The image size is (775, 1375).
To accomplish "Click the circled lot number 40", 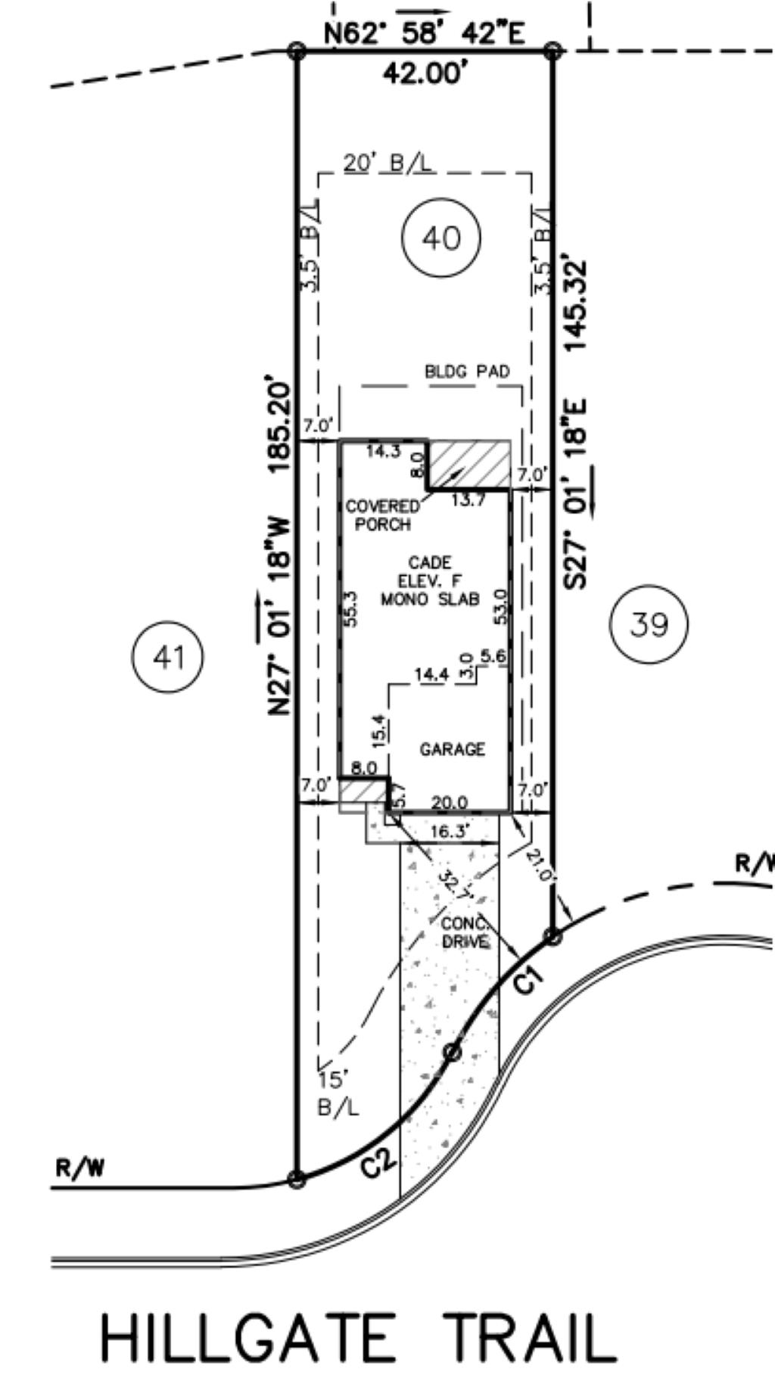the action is (x=441, y=238).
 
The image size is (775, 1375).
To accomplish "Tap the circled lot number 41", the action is (x=168, y=657).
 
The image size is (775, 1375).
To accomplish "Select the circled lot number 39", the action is (x=649, y=625).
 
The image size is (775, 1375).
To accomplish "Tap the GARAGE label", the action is (x=453, y=749).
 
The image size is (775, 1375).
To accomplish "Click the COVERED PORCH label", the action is (x=383, y=515).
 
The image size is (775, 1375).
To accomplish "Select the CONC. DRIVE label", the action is (x=465, y=933).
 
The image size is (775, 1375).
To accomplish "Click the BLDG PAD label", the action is (x=467, y=372).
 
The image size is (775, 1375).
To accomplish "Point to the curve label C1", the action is (x=528, y=980).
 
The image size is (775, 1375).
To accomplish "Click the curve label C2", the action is (x=378, y=1161).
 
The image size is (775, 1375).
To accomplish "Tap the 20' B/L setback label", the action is (x=389, y=163).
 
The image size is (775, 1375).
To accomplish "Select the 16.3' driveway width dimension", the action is (x=450, y=832).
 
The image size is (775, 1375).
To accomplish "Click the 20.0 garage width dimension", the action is (x=449, y=802).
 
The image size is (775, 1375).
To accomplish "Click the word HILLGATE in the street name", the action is (x=248, y=1338).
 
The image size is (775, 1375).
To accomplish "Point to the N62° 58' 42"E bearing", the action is (x=425, y=33).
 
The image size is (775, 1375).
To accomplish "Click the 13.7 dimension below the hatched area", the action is (x=468, y=500).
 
